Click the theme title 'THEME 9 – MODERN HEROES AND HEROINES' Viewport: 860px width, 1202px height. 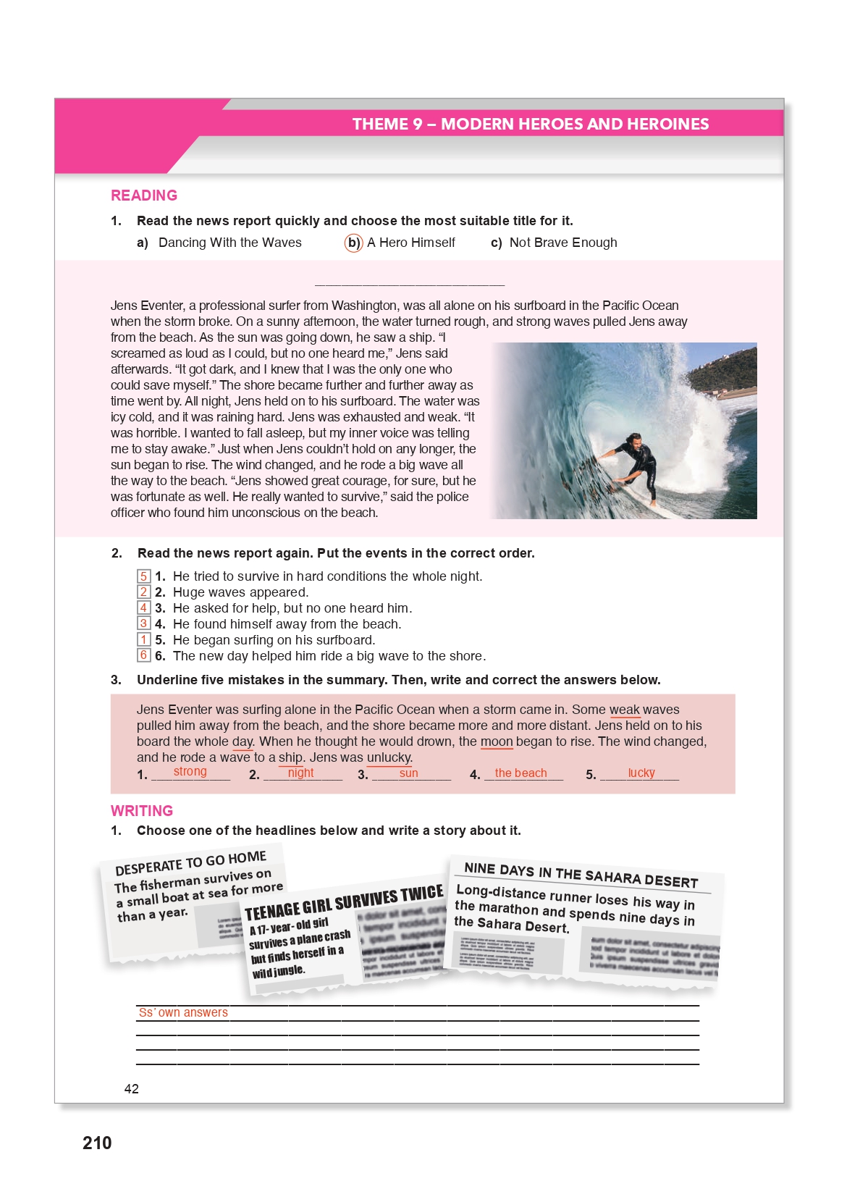[530, 124]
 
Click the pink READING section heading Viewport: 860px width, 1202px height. [144, 196]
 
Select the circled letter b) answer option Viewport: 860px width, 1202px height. [353, 243]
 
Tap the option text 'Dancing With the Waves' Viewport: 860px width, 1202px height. [229, 243]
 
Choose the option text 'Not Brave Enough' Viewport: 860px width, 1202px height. [562, 243]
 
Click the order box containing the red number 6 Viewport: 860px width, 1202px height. [144, 655]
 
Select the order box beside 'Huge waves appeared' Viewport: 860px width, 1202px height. [144, 592]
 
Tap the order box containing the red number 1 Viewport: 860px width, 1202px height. [144, 640]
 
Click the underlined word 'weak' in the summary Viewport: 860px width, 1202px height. [625, 710]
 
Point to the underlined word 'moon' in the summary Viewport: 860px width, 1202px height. [497, 742]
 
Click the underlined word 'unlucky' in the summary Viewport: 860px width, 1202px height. [389, 758]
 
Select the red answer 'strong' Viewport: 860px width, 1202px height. [190, 773]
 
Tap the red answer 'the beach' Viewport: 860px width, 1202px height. [520, 773]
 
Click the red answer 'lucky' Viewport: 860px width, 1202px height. [641, 773]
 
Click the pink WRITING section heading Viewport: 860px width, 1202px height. [142, 811]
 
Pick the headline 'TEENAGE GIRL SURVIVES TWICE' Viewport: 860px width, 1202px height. [344, 901]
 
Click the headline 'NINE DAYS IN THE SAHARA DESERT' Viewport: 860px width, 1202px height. [581, 875]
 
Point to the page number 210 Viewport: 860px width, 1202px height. [97, 1143]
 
